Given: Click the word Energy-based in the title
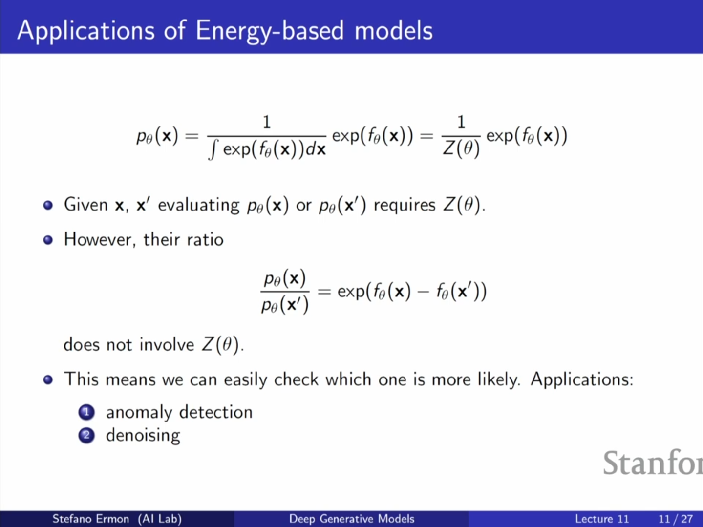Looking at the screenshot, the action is click(x=269, y=31).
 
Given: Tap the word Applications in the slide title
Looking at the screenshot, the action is click(x=85, y=31).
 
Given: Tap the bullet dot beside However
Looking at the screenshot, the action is click(x=48, y=240).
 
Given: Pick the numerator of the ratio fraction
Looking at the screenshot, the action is click(x=285, y=278).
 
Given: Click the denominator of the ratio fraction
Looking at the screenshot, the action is click(x=285, y=304).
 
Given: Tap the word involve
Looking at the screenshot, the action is click(x=167, y=344).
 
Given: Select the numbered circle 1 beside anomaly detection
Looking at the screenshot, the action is click(x=86, y=412).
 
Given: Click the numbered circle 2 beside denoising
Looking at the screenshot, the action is click(x=86, y=436).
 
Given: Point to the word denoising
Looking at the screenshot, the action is click(x=143, y=436).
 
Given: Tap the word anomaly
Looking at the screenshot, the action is click(x=139, y=412).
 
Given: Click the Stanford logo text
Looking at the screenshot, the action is click(x=653, y=463).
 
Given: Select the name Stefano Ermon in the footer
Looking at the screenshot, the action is click(x=91, y=519).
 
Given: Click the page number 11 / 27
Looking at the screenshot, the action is click(x=676, y=519).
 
